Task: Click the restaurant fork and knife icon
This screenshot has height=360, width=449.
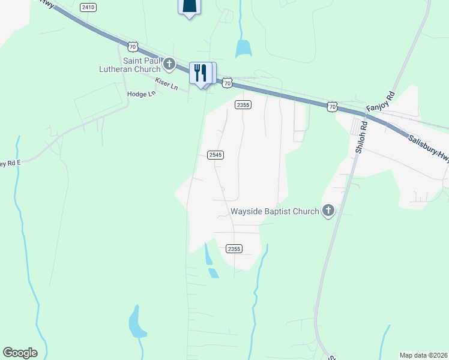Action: point(199,73)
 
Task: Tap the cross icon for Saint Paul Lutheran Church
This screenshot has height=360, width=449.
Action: point(169,63)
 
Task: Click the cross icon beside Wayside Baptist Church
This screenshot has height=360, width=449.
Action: point(328,211)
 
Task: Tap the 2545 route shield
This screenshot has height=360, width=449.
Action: point(215,155)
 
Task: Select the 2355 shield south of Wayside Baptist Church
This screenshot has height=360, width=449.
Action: point(234,248)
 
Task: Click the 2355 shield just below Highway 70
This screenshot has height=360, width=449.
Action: point(243,105)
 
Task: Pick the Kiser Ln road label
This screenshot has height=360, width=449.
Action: point(166,83)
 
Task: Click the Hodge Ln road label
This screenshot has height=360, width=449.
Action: point(141,94)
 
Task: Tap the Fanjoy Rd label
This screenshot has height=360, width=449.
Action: point(382,103)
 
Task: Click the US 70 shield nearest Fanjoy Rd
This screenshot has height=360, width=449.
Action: point(333,106)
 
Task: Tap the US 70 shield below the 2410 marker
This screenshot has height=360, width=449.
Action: point(133,46)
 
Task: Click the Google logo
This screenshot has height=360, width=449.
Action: point(20,353)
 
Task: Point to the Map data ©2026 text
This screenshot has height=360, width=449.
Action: point(423,355)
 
